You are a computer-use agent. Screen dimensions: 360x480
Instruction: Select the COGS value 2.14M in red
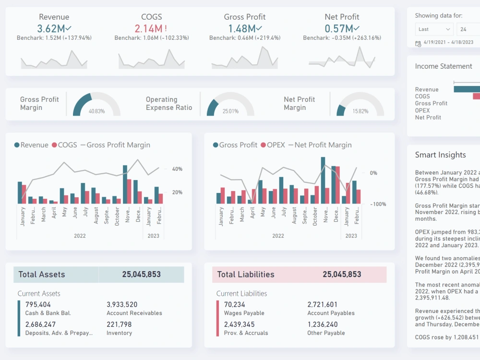[x=148, y=29]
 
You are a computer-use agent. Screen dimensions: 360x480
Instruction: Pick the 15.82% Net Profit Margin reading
[x=360, y=111]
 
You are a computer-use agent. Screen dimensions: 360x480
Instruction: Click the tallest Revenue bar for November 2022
[x=125, y=184]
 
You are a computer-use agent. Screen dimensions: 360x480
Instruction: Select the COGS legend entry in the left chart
[x=64, y=145]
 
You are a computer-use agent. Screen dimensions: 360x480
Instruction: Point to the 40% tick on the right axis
[x=177, y=169]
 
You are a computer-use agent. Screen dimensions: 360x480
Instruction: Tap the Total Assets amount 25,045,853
[x=141, y=275]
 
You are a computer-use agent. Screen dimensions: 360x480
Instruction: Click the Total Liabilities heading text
[x=246, y=275]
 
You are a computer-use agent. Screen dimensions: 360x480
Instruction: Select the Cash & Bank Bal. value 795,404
[x=38, y=304]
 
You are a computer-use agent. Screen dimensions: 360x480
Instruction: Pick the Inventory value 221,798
[x=119, y=324]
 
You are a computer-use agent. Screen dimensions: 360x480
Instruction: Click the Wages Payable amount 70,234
[x=235, y=304]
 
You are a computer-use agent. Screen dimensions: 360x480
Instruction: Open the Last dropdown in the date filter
[x=434, y=29]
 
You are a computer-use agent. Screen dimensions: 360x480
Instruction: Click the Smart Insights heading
[x=440, y=155]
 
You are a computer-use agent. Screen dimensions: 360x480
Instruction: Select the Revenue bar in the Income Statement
[x=467, y=89]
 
